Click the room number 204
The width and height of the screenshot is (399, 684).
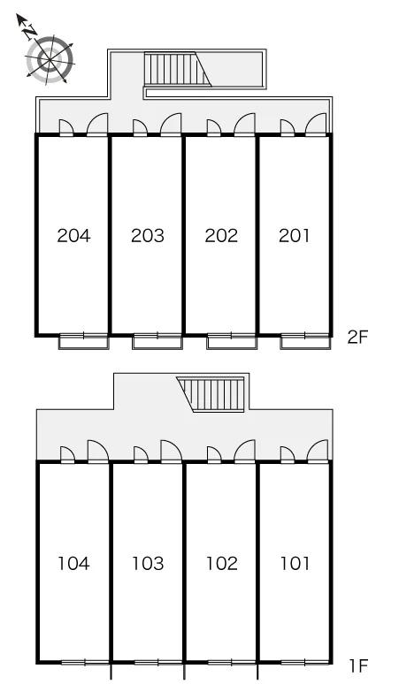[x=73, y=236]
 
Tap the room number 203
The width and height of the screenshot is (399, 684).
[x=148, y=236]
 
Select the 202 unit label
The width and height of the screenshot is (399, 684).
[x=221, y=236]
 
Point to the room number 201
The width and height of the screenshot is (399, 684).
[x=295, y=236]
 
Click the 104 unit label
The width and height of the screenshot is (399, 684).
[x=73, y=563]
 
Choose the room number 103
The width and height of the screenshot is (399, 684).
[x=148, y=563]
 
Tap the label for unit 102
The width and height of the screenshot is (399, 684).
[x=222, y=563]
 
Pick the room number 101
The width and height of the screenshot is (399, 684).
[x=295, y=563]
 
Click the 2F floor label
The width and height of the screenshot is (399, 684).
[x=358, y=338]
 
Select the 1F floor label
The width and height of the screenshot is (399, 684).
[x=358, y=665]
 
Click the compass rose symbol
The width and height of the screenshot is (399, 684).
[x=49, y=59]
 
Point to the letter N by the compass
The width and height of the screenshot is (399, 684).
[x=30, y=32]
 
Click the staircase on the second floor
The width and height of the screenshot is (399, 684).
[x=178, y=69]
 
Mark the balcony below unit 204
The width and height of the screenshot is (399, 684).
[x=83, y=341]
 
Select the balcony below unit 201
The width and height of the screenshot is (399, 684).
[x=304, y=341]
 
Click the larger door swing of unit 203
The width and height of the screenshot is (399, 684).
[x=171, y=124]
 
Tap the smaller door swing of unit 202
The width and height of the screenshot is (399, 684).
[x=213, y=127]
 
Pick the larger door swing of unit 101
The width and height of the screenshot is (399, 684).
[x=318, y=451]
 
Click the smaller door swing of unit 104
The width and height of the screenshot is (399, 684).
[x=67, y=454]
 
